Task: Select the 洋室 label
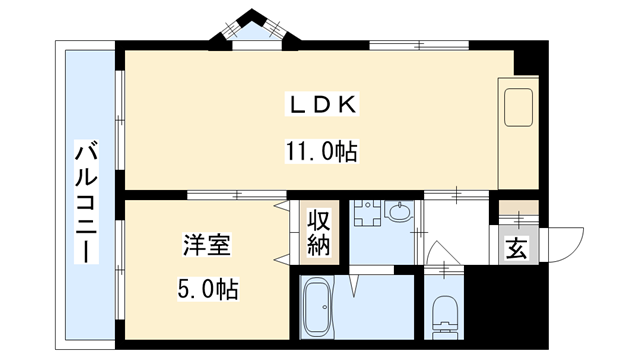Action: click(x=207, y=244)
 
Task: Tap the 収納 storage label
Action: click(x=319, y=233)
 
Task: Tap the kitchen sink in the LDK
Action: click(x=520, y=108)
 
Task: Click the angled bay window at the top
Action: click(x=246, y=29)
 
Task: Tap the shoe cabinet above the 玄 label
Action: click(x=519, y=211)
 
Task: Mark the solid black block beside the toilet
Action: click(x=506, y=309)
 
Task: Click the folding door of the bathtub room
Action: click(x=355, y=283)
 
